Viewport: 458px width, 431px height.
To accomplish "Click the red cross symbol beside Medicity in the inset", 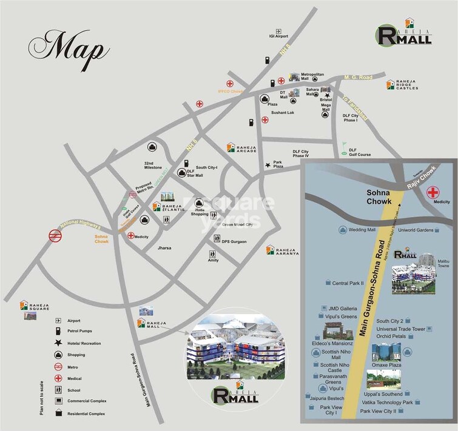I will [x=433, y=193].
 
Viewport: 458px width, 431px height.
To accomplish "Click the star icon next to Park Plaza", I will [x=267, y=165].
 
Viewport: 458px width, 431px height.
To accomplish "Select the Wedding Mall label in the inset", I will [x=362, y=230].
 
